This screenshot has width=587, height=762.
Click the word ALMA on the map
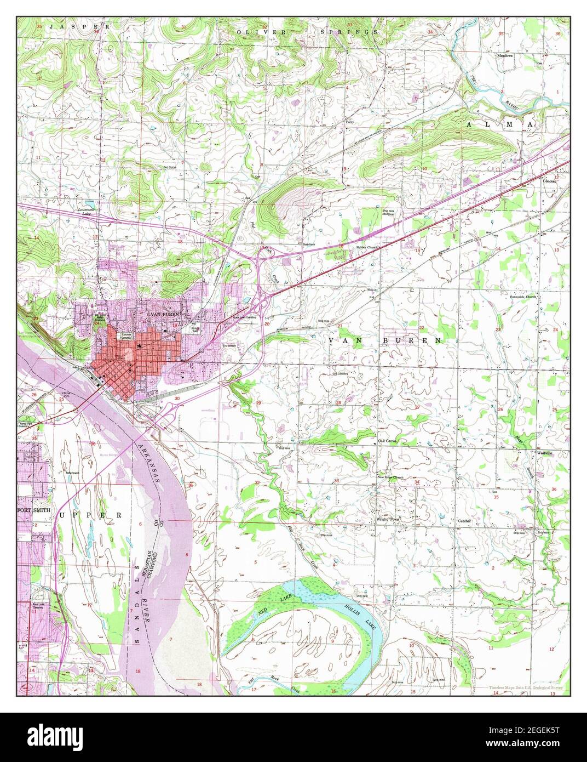[x=501, y=126]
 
